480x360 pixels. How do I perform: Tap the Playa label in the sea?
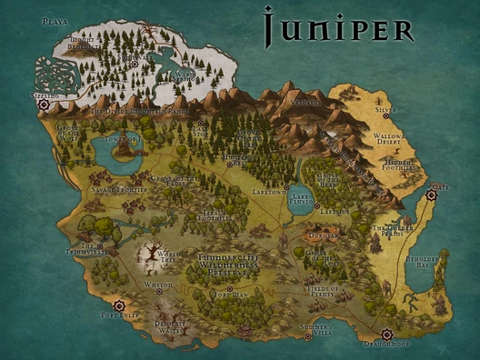coord(55,20)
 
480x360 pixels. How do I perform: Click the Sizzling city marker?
coord(43,104)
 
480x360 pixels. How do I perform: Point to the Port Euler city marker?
coord(118,305)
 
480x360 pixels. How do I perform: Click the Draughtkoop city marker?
coord(388,334)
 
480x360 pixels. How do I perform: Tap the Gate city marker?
coord(433,194)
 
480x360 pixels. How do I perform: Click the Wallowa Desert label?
coord(387,140)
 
